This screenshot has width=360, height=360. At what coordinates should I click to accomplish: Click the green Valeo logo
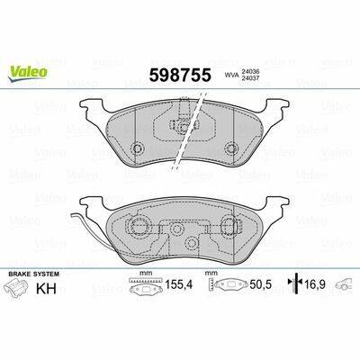(x=28, y=74)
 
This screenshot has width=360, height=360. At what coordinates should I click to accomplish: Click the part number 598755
(x=180, y=75)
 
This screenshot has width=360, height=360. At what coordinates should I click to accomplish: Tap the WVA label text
(x=230, y=76)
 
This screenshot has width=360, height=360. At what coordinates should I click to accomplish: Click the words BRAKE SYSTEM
(x=34, y=274)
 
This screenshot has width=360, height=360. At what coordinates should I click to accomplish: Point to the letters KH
(x=46, y=288)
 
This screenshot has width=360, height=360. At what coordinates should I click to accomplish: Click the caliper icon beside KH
(x=17, y=287)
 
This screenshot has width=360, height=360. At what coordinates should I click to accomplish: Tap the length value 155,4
(x=179, y=284)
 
